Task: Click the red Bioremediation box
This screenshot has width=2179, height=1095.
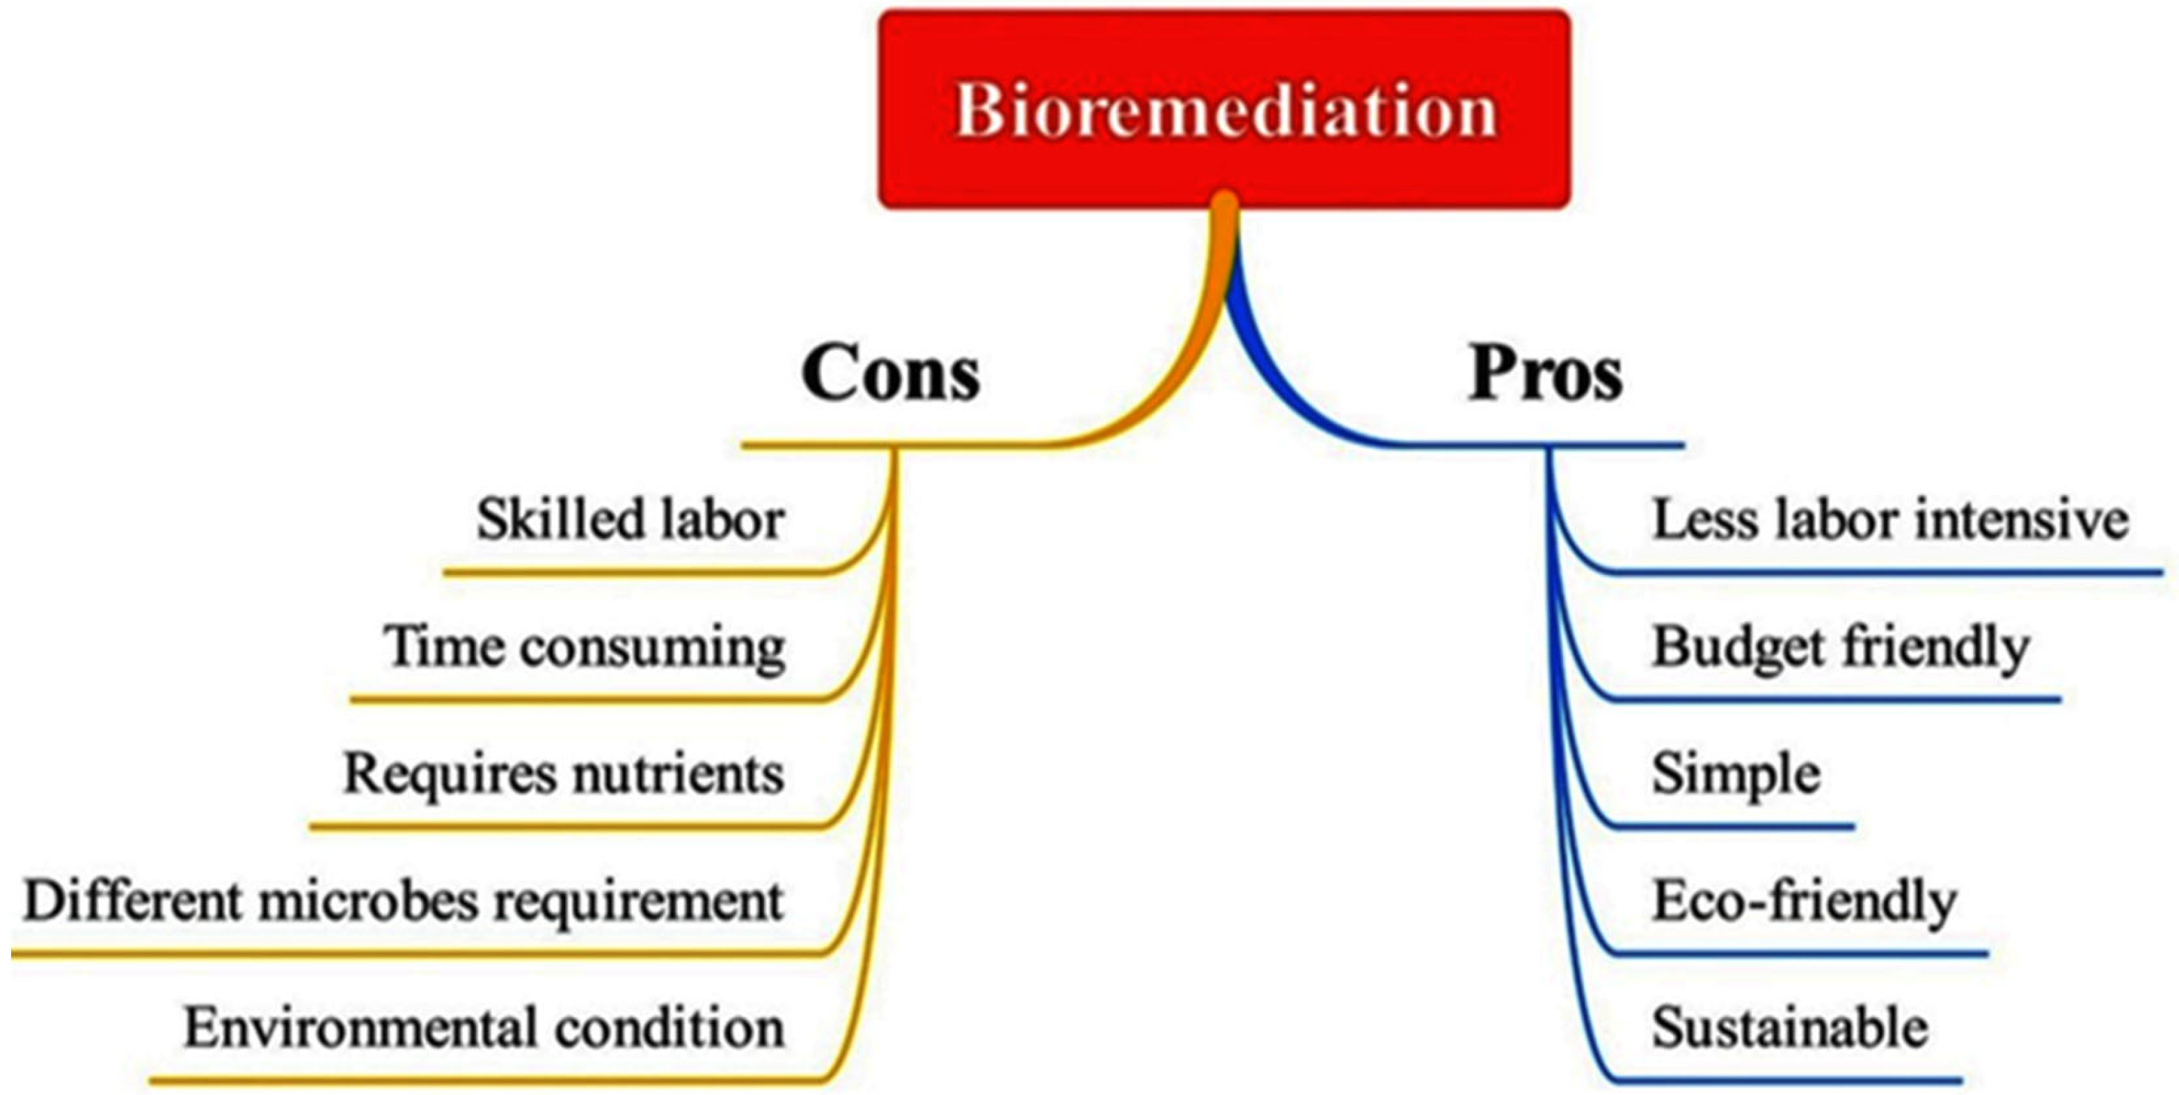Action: pyautogui.click(x=1224, y=110)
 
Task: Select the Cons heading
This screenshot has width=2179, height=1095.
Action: pyautogui.click(x=891, y=373)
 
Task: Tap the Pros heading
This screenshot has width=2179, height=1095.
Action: pyautogui.click(x=1546, y=373)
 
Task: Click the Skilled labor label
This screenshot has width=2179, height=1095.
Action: pyautogui.click(x=631, y=519)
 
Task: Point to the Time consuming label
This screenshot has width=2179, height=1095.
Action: pyautogui.click(x=585, y=647)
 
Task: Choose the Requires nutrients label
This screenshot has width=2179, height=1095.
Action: pyautogui.click(x=563, y=773)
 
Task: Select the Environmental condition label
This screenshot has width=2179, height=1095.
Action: pyautogui.click(x=484, y=1028)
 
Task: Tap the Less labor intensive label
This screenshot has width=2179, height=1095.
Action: pyautogui.click(x=1889, y=519)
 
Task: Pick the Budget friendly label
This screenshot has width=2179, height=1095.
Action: pyautogui.click(x=1841, y=647)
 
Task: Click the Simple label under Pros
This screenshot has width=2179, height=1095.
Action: pyautogui.click(x=1736, y=773)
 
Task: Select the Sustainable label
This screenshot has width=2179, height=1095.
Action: pyautogui.click(x=1790, y=1028)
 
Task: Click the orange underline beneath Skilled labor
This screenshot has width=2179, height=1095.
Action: pyautogui.click(x=635, y=573)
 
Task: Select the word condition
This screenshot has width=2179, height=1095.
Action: pyautogui.click(x=669, y=1028)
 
